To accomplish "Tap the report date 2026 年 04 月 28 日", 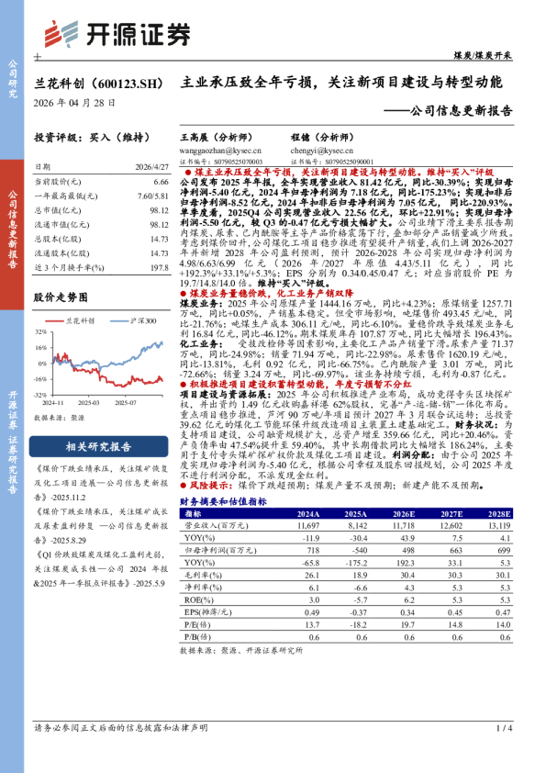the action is pos(75,103).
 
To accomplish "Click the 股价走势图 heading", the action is pos(61,297).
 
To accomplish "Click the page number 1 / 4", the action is pos(503,728).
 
